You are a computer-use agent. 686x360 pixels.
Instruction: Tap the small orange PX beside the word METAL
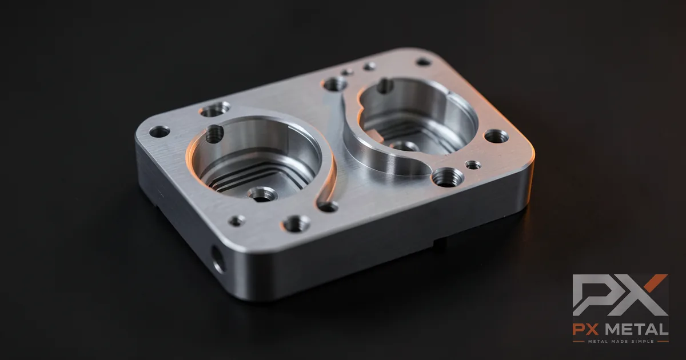click(590, 330)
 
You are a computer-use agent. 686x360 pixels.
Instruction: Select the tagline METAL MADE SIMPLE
click(621, 341)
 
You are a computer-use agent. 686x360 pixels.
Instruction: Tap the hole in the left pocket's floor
click(262, 195)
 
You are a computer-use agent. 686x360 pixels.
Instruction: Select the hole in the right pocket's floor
click(404, 146)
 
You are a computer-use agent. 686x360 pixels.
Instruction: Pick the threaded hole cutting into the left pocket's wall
click(214, 134)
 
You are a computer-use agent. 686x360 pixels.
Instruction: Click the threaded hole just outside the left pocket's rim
click(215, 109)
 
